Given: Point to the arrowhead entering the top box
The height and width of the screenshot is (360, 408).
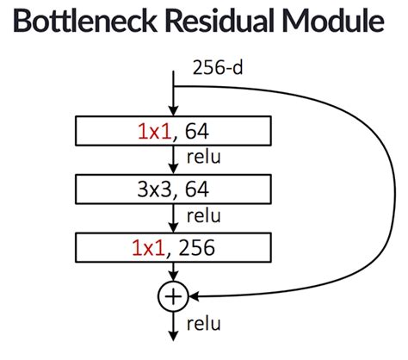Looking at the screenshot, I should pos(174,112).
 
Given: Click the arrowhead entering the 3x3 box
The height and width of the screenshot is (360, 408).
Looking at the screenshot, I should pos(174,170).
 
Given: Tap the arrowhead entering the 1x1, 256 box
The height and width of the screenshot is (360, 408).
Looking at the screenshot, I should pos(174,228).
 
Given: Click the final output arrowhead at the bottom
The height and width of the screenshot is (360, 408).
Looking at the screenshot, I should pos(174,340).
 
